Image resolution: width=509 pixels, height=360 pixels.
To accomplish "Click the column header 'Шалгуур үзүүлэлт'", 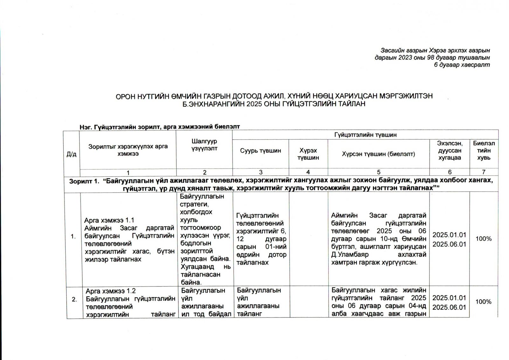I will point(204,145).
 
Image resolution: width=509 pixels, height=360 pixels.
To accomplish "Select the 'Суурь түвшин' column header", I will point(261,151).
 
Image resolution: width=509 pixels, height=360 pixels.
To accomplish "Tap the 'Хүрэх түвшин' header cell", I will point(308,154).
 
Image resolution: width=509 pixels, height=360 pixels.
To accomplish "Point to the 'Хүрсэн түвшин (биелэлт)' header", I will point(378,154).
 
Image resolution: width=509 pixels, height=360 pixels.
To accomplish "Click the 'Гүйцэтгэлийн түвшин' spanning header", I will point(365,135).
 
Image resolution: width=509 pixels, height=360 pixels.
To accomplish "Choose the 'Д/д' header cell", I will point(72,154).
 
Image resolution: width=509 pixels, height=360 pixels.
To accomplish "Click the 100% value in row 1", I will point(483,239).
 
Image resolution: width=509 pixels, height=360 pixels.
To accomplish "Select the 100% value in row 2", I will point(483,302).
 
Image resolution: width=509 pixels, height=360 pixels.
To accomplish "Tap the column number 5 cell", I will point(379,172).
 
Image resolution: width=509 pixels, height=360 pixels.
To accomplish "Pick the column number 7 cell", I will point(484,172).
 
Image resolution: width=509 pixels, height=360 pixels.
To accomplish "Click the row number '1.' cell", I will point(73,237).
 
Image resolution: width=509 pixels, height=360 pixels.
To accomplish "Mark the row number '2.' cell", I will point(74,299).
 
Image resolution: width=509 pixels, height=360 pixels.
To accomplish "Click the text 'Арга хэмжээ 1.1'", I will point(109,220).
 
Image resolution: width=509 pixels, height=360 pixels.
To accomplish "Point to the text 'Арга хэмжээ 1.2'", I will point(111,291).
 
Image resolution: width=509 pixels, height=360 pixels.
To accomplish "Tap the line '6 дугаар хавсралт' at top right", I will point(462,65).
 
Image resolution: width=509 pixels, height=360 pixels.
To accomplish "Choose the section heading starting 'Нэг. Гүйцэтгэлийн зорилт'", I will point(160,127).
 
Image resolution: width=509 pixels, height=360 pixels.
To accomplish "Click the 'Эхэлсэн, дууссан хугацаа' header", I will point(450,151).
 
